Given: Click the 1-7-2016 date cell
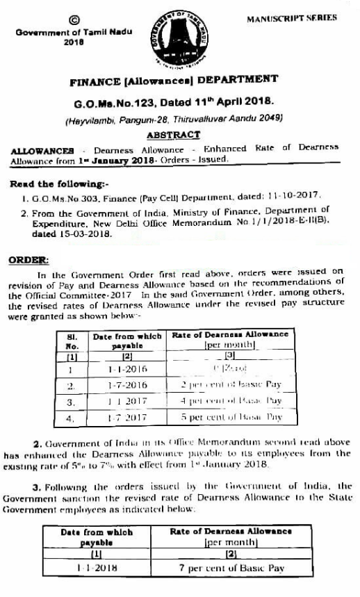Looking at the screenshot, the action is point(126,385).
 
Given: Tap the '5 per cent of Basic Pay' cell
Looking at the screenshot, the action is point(231,418).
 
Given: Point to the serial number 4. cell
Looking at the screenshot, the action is point(71,418).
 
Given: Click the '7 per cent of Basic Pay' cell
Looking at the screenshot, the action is point(232,569).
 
